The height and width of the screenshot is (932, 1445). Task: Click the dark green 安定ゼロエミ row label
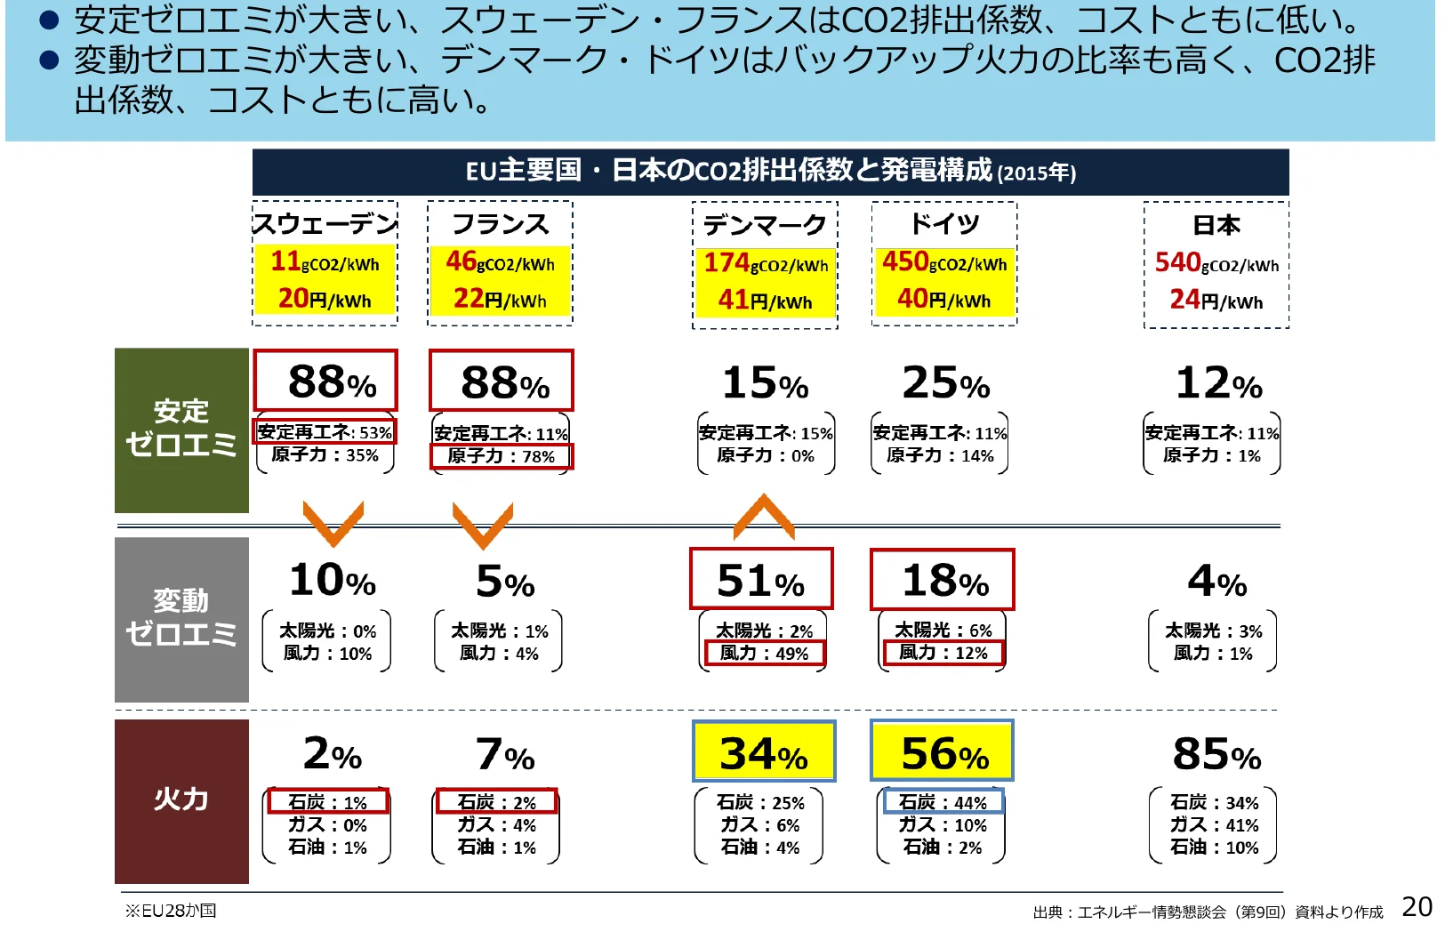tap(181, 430)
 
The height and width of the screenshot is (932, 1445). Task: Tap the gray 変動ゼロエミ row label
tap(181, 619)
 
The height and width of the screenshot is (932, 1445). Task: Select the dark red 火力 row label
tap(181, 799)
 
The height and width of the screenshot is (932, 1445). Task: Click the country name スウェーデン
tap(325, 224)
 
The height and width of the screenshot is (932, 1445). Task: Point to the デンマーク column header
tap(765, 226)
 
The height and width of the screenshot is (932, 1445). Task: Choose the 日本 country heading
tap(1216, 226)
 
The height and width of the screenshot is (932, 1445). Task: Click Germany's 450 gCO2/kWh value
tap(944, 262)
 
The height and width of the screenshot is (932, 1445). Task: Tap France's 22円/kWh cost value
tap(500, 299)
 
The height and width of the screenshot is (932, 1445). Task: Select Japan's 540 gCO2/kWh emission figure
tap(1216, 263)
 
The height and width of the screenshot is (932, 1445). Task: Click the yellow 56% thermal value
tap(943, 753)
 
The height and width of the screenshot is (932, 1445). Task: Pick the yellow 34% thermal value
tap(764, 753)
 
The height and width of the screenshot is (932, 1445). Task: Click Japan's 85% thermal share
tap(1216, 755)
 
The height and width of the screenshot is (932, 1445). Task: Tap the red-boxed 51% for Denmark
tap(761, 581)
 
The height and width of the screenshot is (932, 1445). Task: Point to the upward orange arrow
tap(764, 517)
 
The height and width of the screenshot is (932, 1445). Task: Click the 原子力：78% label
tap(501, 456)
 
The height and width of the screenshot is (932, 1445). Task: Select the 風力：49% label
tap(764, 654)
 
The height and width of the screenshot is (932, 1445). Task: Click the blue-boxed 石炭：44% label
tap(943, 802)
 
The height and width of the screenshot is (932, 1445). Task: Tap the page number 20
tap(1417, 907)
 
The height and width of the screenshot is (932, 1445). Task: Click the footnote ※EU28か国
tap(171, 911)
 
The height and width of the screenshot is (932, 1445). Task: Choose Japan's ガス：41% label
tap(1214, 825)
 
